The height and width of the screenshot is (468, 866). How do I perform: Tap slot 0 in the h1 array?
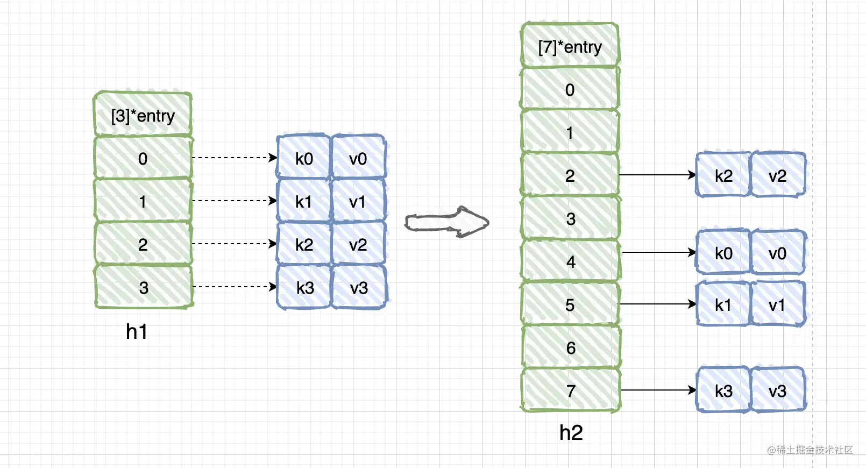143,158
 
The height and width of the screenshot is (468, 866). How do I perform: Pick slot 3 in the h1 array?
144,287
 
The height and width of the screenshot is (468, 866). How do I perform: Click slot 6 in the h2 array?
571,347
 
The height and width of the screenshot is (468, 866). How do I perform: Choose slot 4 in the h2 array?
571,261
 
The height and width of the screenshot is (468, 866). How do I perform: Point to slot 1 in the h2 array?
570,131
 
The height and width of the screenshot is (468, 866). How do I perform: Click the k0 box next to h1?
304,157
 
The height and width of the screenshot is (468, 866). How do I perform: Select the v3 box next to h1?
359,287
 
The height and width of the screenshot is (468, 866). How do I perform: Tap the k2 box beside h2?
723,175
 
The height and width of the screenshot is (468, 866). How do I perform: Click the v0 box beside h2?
778,252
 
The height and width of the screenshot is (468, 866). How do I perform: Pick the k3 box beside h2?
723,390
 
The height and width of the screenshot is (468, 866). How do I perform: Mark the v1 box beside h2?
778,304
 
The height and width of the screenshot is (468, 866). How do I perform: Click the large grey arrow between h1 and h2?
447,222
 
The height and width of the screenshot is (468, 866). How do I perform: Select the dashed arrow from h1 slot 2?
235,244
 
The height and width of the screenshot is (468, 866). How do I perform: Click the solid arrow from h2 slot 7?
658,390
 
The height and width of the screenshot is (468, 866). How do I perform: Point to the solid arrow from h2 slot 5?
658,304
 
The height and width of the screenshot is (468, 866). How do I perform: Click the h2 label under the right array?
571,432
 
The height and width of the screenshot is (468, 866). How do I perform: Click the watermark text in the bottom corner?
810,450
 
